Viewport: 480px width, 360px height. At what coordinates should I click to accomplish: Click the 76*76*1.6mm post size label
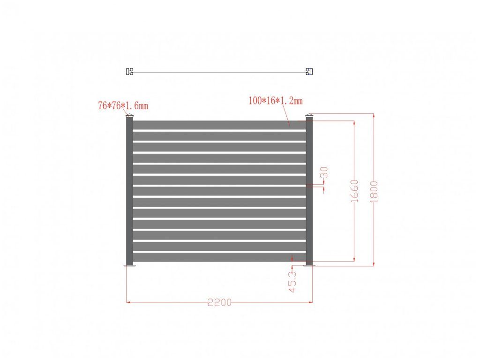click(123, 105)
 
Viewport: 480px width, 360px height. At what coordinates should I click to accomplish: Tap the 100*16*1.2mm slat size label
click(276, 100)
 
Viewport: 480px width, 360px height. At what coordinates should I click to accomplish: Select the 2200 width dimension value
click(219, 302)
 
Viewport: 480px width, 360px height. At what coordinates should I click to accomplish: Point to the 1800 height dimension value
click(374, 191)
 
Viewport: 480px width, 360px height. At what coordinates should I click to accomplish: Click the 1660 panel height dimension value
click(354, 191)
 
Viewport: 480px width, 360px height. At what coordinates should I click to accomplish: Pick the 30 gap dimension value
click(323, 173)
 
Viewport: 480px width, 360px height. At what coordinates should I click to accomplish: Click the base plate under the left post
click(129, 266)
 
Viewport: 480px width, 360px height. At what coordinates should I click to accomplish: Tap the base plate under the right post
click(309, 266)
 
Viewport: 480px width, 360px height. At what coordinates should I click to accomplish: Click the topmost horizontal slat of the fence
click(219, 125)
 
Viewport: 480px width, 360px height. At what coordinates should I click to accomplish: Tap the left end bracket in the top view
click(130, 72)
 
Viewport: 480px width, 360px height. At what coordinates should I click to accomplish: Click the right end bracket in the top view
click(309, 72)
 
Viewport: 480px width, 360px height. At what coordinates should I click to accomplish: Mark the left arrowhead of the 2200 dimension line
click(128, 302)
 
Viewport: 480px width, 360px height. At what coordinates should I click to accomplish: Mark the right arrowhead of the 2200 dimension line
click(311, 302)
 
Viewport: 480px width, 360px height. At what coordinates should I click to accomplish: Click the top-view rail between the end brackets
click(219, 72)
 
